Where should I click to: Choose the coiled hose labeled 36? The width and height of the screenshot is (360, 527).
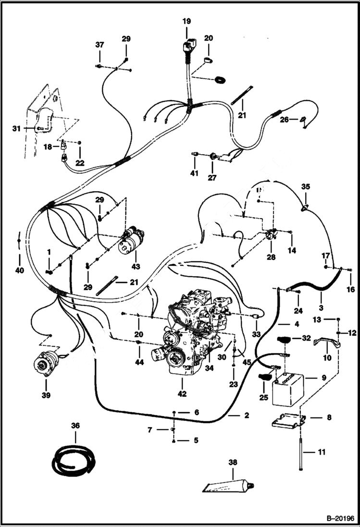[74, 459]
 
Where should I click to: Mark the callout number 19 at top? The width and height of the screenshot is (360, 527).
[186, 21]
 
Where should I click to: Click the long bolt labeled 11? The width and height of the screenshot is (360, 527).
[300, 452]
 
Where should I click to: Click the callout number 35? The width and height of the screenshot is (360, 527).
[306, 186]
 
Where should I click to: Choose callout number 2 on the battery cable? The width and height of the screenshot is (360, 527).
[246, 416]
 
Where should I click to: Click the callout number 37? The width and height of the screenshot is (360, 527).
[99, 45]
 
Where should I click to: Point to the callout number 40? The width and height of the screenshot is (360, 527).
[19, 270]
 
